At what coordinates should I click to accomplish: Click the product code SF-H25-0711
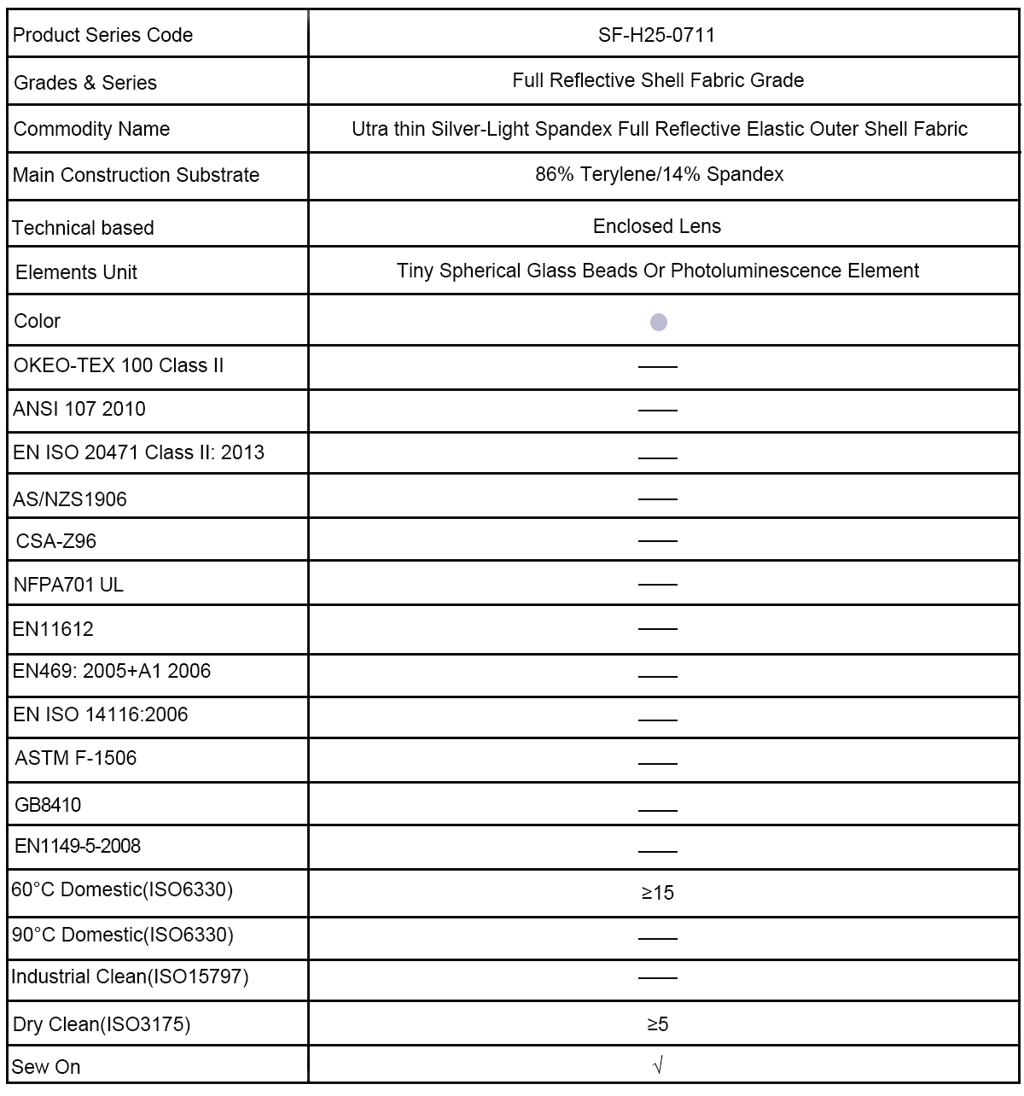click(x=657, y=35)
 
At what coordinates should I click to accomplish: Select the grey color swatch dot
click(x=658, y=322)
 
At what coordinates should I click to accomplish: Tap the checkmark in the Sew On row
click(x=657, y=1065)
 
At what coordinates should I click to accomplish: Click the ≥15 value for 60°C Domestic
click(x=657, y=893)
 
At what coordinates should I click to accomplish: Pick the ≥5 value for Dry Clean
click(x=657, y=1023)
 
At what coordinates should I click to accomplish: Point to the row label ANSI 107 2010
click(x=79, y=409)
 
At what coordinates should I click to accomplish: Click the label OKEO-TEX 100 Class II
click(x=119, y=365)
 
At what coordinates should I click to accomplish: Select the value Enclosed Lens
click(x=657, y=226)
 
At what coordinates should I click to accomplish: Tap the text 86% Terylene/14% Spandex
click(x=659, y=175)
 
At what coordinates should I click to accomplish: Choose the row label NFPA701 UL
click(x=69, y=585)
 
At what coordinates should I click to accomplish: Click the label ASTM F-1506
click(x=76, y=758)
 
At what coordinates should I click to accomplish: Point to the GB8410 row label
click(x=49, y=804)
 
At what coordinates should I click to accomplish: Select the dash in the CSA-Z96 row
click(x=657, y=541)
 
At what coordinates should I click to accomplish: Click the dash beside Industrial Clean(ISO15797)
click(x=657, y=978)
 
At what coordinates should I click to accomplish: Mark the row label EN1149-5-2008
click(x=78, y=846)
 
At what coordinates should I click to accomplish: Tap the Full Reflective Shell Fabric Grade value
click(x=658, y=80)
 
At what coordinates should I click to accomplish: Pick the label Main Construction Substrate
click(x=137, y=175)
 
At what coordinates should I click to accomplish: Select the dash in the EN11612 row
click(x=657, y=629)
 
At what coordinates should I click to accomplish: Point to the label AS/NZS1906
click(x=70, y=499)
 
